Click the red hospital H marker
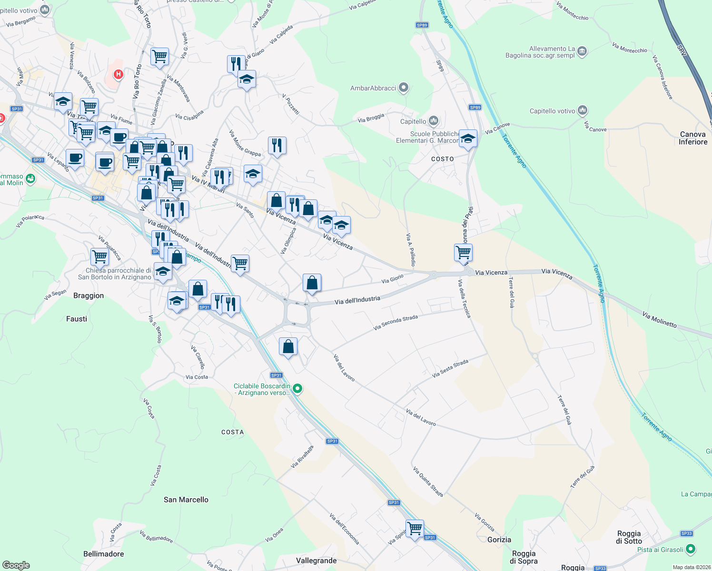[x=119, y=74]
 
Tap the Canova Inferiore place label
[x=693, y=138]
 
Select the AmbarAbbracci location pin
[x=404, y=88]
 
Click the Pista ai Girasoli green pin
[x=691, y=549]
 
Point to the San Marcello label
[x=186, y=500]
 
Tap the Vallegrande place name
[x=316, y=561]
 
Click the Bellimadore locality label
[x=103, y=554]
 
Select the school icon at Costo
[x=468, y=139]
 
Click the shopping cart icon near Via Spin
[x=415, y=528]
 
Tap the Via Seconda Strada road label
[x=396, y=322]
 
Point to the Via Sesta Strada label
[x=450, y=368]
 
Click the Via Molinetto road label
[x=659, y=320]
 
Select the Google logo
[x=16, y=565]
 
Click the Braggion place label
[x=89, y=295]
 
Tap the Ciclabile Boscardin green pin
[x=297, y=389]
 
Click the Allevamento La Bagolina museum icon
[x=582, y=51]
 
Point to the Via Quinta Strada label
[x=428, y=482]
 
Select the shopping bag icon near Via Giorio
[x=312, y=283]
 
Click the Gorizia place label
[x=499, y=540]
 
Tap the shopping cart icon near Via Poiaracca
[x=100, y=256]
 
